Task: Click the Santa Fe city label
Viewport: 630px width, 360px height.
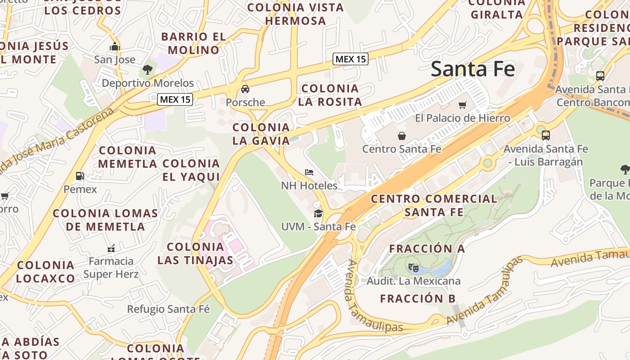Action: pos(473,69)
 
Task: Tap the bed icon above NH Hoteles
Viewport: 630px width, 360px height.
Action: pos(309,172)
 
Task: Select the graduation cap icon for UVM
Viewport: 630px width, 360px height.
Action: pos(319,213)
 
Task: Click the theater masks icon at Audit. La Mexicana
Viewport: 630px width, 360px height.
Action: pos(414,268)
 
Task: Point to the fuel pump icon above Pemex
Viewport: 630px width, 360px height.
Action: pos(80,176)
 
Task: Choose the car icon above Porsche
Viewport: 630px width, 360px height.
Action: pos(245,89)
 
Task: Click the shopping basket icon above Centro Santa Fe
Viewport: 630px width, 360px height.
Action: pos(402,135)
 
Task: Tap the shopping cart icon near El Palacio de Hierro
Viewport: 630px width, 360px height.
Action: pos(462,105)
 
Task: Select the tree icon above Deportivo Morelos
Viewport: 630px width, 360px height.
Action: pos(147,69)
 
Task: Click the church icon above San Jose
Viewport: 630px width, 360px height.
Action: pos(114,46)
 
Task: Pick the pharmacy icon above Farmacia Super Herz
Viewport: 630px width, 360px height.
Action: pos(111,248)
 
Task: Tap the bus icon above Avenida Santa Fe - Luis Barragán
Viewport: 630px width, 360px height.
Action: pos(546,135)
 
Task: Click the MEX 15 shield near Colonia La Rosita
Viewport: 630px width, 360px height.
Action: pos(351,59)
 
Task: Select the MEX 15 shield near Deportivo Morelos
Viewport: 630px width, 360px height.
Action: pos(175,99)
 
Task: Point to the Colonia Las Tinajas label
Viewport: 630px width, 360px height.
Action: pos(195,253)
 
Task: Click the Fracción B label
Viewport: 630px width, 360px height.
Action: pos(418,298)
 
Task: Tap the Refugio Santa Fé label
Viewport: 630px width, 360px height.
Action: pos(168,309)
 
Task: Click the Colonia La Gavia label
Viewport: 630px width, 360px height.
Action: pos(261,134)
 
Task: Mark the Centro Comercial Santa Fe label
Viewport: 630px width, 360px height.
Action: pos(434,205)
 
